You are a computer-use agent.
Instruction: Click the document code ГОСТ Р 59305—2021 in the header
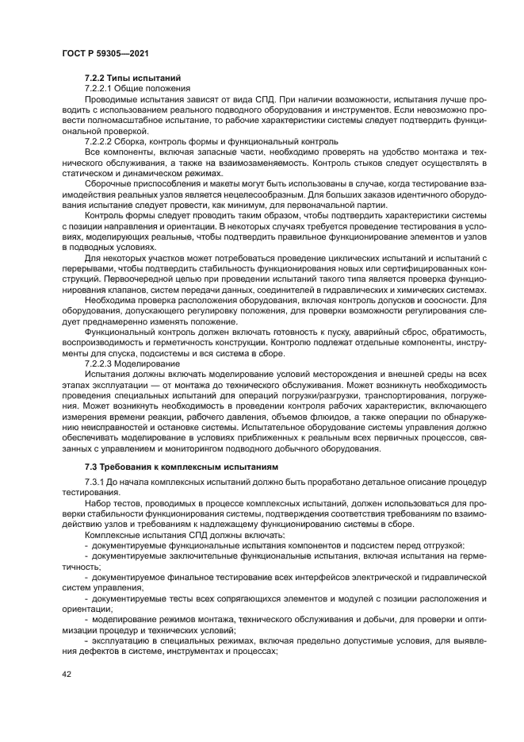[105, 53]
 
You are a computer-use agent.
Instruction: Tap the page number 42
[67, 675]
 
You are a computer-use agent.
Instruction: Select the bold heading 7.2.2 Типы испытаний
[133, 78]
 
